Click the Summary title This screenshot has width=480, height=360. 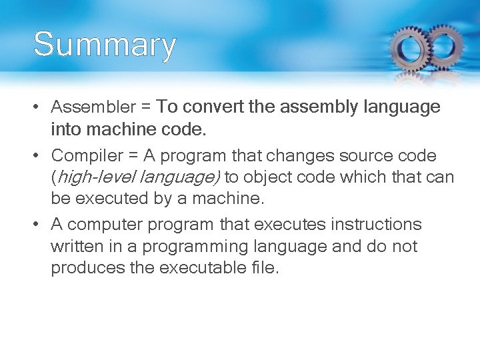[x=105, y=45]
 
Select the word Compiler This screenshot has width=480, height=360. [x=87, y=156]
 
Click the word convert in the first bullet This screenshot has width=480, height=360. [x=213, y=107]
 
